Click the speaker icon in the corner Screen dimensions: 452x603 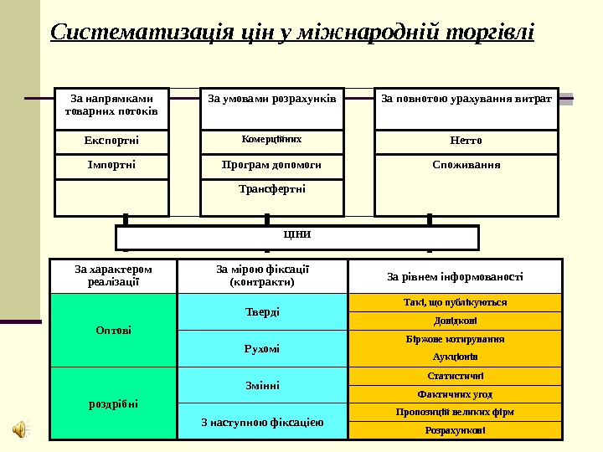point(20,429)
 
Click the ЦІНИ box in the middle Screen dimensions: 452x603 point(297,237)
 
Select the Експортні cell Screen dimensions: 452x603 point(111,141)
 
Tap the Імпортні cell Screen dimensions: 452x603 point(111,165)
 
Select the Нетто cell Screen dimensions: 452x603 point(466,141)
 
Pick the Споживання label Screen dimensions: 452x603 point(466,165)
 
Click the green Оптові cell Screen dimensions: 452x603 point(114,330)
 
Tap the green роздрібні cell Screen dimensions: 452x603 point(114,403)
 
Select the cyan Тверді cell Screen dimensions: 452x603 point(262,311)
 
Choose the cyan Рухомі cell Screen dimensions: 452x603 point(262,348)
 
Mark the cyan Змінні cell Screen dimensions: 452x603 point(262,385)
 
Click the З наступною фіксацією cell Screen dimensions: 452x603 point(262,421)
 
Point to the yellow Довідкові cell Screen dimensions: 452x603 point(456,321)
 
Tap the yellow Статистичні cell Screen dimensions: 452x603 point(456,376)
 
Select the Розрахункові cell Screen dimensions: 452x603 point(456,430)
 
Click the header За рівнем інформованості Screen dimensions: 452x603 point(456,276)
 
